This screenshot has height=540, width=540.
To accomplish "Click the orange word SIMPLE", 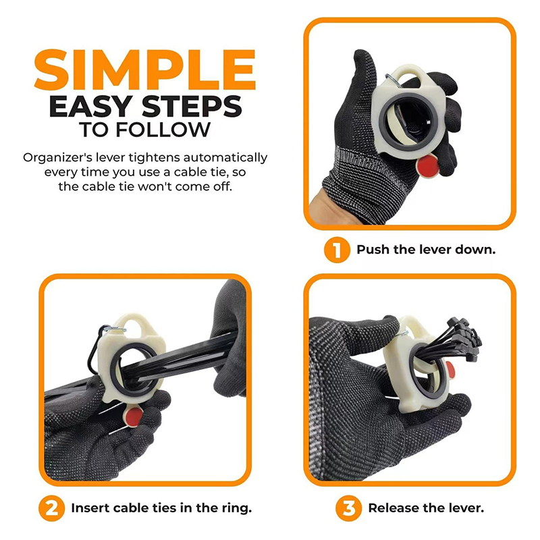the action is click(x=145, y=70).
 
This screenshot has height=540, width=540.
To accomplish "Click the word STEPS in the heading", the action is click(x=192, y=107).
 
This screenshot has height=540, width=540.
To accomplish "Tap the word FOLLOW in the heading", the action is click(x=163, y=130).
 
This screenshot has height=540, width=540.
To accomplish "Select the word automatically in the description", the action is click(x=225, y=158).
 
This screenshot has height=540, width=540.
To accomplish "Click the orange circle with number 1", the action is click(x=337, y=250).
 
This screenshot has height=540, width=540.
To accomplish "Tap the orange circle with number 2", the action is click(x=52, y=508).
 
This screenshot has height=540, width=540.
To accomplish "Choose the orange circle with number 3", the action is click(x=348, y=508).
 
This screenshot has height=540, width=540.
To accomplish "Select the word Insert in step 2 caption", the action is click(x=90, y=508).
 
